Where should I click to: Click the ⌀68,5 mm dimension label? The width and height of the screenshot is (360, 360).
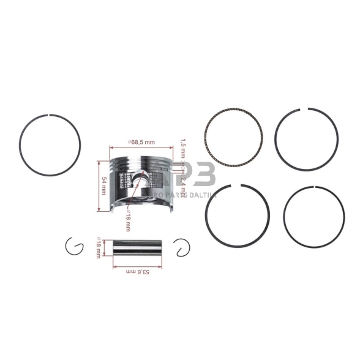pos(141,142)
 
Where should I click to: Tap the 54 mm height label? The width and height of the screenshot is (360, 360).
pos(103,185)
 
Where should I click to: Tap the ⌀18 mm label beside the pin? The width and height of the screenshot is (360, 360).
pos(99,249)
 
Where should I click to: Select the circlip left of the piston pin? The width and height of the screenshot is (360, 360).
pos(74,246)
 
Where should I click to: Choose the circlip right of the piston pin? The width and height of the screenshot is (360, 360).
pos(182,247)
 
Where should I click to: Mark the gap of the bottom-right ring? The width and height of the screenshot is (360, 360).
pos(314,187)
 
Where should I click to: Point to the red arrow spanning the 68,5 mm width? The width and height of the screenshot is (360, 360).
pos(141,148)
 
